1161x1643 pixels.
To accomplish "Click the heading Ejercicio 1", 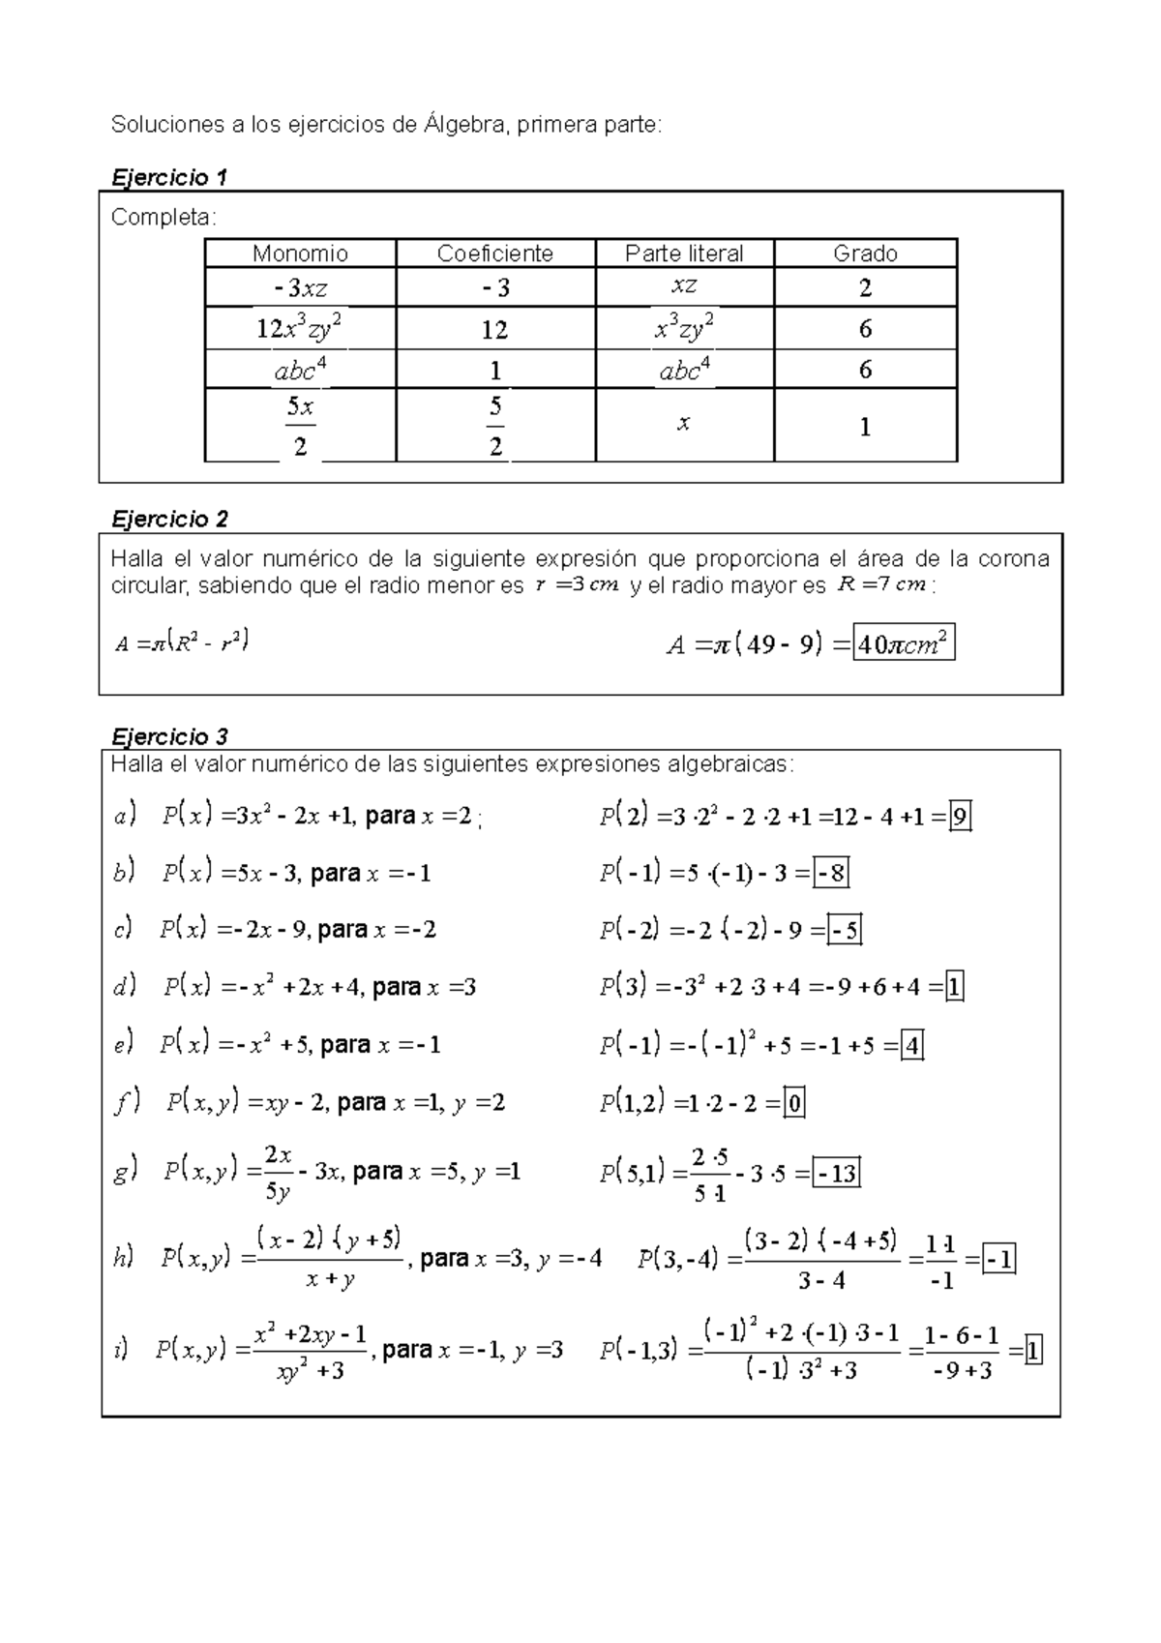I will tap(170, 177).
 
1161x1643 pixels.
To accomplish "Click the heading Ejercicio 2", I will tap(170, 520).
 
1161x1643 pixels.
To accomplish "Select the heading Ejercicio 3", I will tap(170, 736).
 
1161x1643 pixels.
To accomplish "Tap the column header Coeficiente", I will tap(494, 254).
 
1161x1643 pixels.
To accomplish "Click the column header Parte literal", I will tap(684, 254).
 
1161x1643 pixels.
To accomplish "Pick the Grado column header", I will tap(865, 254).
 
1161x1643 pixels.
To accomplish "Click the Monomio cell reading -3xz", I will tap(300, 287).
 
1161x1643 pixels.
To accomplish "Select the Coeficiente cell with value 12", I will tap(494, 330).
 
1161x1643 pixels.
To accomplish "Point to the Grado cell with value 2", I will tap(865, 287).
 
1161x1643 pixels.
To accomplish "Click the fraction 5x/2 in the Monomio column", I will tap(300, 426).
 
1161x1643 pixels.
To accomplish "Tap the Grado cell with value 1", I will tap(865, 427).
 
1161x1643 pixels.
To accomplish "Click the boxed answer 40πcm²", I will tap(904, 643).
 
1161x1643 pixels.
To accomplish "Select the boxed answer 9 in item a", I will tap(959, 818).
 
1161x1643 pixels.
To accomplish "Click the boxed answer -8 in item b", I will tap(831, 874).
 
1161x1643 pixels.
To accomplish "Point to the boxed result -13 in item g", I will tap(836, 1174).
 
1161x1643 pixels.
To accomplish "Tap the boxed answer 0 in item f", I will tap(793, 1103).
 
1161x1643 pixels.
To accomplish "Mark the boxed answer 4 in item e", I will tap(911, 1045).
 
